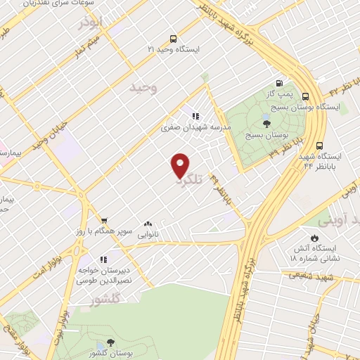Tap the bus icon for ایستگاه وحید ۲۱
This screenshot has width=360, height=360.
(174, 39)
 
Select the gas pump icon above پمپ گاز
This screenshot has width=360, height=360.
(283, 82)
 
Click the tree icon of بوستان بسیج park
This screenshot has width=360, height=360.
(265, 123)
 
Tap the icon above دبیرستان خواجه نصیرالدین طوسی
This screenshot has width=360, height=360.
(103, 259)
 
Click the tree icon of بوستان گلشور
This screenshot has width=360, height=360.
(110, 342)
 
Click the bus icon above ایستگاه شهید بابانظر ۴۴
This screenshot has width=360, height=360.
(320, 146)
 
